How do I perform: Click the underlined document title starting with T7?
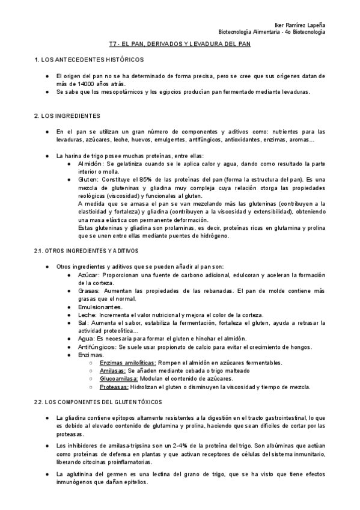coord(180,45)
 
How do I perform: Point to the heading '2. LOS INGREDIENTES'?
coord(67,115)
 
